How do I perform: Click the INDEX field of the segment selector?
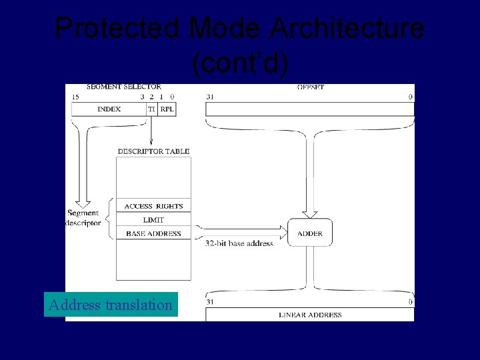(x=109, y=109)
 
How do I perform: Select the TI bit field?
(x=152, y=109)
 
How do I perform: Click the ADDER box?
(x=309, y=233)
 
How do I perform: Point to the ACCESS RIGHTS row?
(x=153, y=206)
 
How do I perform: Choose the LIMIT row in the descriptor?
(x=153, y=219)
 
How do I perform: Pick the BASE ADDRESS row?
(x=153, y=233)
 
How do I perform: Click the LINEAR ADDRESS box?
(x=309, y=315)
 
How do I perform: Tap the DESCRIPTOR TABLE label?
(x=153, y=151)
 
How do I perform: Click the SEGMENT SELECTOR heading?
(x=123, y=87)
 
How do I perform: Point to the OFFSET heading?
(x=311, y=87)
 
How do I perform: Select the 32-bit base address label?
(x=239, y=243)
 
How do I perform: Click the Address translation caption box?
(x=111, y=305)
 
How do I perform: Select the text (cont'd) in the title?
(x=240, y=63)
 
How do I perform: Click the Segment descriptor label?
(x=83, y=218)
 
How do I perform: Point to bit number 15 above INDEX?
(x=75, y=97)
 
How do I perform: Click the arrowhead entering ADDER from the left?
(x=283, y=233)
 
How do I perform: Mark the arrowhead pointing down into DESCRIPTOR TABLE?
(x=151, y=141)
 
